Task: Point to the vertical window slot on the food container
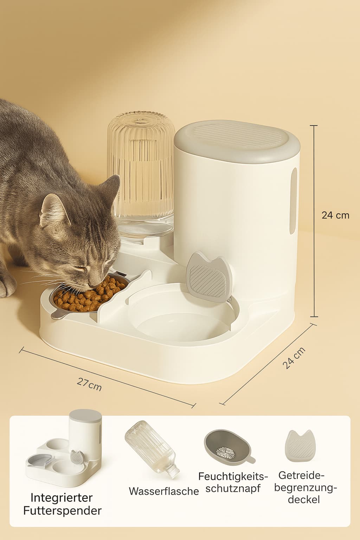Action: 293,200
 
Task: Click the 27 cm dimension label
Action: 89,384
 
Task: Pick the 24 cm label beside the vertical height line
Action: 335,215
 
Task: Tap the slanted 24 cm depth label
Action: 294,358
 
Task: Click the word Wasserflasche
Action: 163,491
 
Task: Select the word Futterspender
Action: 62,510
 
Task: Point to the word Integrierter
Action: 62,497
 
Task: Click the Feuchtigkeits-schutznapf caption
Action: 233,482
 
